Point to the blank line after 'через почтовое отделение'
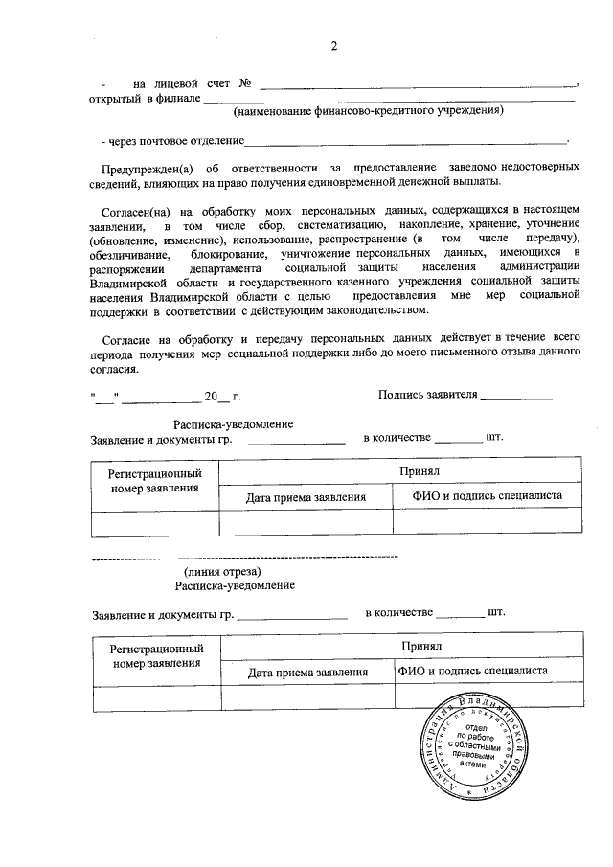[406, 140]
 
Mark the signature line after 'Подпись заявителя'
[522, 395]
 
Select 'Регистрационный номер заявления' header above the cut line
[154, 481]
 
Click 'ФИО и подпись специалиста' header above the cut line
[487, 496]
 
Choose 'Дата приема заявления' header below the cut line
[307, 673]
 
